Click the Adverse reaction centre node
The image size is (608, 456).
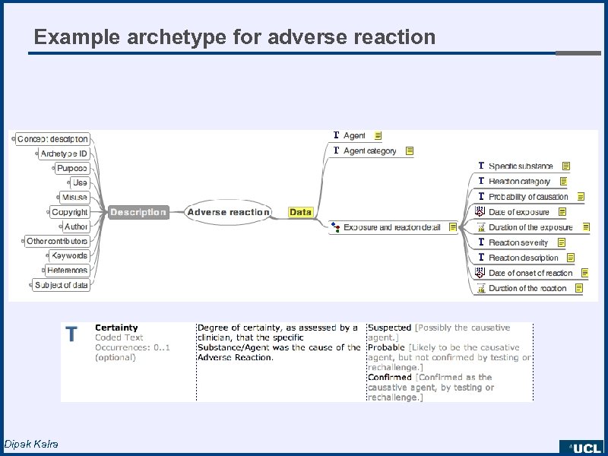[x=228, y=212]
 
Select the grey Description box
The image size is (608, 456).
[x=138, y=212]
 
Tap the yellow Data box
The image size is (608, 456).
[x=301, y=212]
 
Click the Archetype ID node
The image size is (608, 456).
[x=64, y=154]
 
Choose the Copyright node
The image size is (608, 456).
[x=70, y=212]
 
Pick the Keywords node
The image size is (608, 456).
[x=70, y=255]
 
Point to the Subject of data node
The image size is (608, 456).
[x=61, y=285]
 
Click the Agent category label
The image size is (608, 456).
[x=370, y=151]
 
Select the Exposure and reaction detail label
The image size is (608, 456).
[x=391, y=227]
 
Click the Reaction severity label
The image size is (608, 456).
[x=518, y=242]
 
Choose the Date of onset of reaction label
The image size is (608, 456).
[x=530, y=273]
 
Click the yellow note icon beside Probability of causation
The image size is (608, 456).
[x=581, y=197]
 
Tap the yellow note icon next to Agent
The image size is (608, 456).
[x=378, y=135]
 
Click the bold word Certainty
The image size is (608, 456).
[x=116, y=328]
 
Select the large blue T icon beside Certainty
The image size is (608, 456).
[x=71, y=334]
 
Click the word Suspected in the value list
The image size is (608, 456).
[x=389, y=328]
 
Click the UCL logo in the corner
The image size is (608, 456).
[x=581, y=448]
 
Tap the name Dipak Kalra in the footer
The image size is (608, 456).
[x=30, y=444]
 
